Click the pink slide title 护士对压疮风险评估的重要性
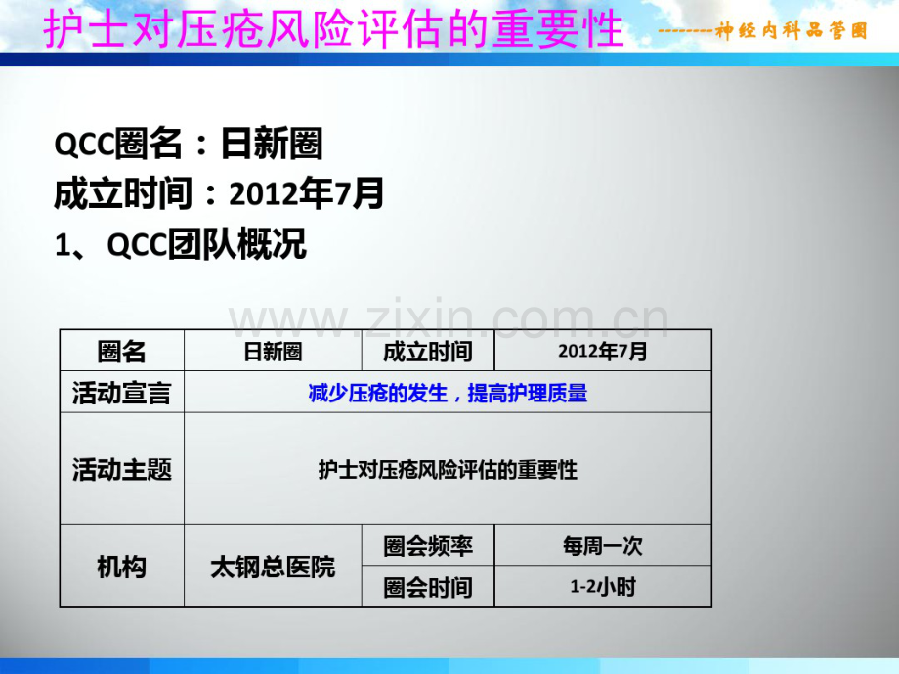pyautogui.click(x=333, y=28)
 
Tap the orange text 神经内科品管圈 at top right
pyautogui.click(x=791, y=31)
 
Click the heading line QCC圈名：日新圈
pyautogui.click(x=189, y=146)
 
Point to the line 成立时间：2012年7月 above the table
pyautogui.click(x=219, y=194)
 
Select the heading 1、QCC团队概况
pyautogui.click(x=181, y=245)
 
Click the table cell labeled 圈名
pyautogui.click(x=122, y=352)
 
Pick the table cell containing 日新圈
pyautogui.click(x=273, y=352)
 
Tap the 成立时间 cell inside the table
pyautogui.click(x=428, y=352)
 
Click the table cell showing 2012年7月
pyautogui.click(x=603, y=352)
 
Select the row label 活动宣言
pyautogui.click(x=122, y=393)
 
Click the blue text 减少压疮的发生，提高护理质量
pyautogui.click(x=448, y=393)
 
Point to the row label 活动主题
pyautogui.click(x=122, y=470)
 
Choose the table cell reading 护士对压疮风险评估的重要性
pyautogui.click(x=448, y=470)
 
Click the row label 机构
pyautogui.click(x=122, y=567)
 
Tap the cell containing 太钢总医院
pyautogui.click(x=273, y=567)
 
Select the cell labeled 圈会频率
pyautogui.click(x=428, y=546)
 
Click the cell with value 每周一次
pyautogui.click(x=603, y=546)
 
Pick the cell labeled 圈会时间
pyautogui.click(x=428, y=587)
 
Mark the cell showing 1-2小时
pyautogui.click(x=603, y=587)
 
